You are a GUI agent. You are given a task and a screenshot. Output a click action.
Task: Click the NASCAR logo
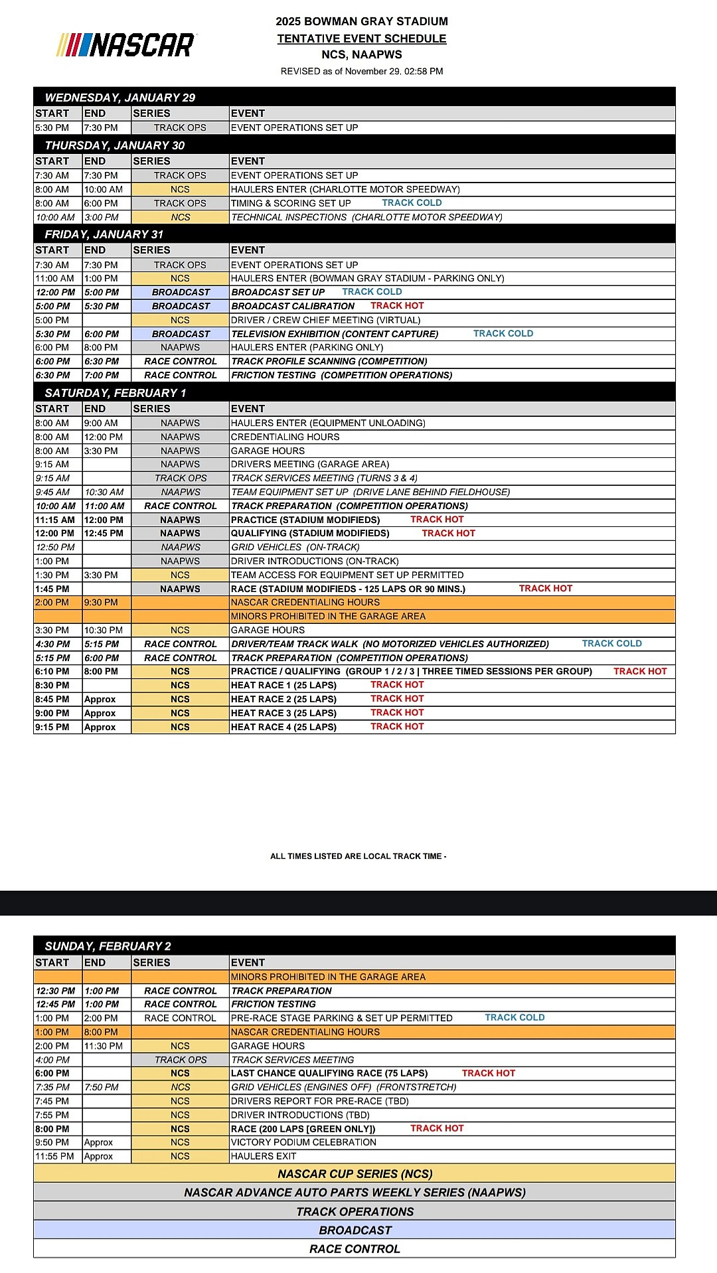point(126,45)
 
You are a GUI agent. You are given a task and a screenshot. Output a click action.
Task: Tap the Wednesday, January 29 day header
point(120,98)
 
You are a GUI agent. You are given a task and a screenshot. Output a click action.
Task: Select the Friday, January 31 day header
point(104,234)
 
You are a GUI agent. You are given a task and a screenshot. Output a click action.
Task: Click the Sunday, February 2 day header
point(108,946)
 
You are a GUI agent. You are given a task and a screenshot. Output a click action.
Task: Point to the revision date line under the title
point(362,71)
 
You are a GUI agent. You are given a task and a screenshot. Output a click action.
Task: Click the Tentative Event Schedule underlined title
point(362,38)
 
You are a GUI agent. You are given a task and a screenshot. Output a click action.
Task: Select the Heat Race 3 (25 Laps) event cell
point(284,713)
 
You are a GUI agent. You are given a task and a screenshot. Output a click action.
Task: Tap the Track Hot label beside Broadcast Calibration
point(397,306)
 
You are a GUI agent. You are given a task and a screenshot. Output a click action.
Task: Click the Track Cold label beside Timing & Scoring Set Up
point(412,203)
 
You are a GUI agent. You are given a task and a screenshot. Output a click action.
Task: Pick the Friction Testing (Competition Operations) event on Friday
point(342,376)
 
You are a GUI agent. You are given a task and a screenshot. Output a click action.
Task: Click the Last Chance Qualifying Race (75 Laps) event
point(329,1073)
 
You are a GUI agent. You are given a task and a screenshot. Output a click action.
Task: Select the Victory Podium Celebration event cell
point(303,1142)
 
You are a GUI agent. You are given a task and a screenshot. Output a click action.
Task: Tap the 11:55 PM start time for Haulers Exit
point(55,1156)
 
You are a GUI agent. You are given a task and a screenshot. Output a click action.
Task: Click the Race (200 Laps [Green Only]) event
point(303,1129)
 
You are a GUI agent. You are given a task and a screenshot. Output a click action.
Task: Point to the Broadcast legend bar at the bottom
point(355,1230)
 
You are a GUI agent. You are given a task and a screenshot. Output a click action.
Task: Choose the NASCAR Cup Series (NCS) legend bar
point(355,1174)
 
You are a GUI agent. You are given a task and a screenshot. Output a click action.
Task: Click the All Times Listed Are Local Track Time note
point(358,856)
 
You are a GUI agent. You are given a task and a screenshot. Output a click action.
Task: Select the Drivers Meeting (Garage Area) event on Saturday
point(310,465)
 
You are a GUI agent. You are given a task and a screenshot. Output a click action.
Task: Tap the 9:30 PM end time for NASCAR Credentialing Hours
point(102,603)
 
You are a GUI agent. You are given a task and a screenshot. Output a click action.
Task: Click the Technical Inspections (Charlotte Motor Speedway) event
point(366,218)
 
